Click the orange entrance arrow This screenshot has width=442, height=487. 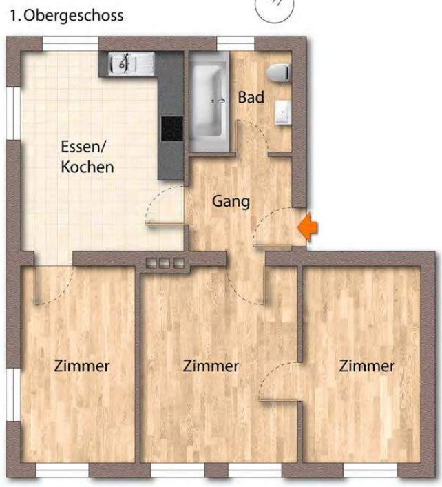(x=308, y=227)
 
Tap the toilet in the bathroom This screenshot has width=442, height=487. (x=279, y=73)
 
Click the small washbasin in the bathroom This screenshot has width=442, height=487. (x=283, y=112)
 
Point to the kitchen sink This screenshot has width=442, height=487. (x=131, y=63)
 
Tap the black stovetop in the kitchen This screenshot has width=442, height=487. (x=172, y=129)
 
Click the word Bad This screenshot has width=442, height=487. (x=251, y=97)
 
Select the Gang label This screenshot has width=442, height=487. (x=231, y=201)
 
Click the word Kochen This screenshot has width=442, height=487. (x=87, y=167)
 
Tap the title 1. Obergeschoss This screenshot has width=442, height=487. (x=67, y=16)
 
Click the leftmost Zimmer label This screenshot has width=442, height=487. (x=82, y=366)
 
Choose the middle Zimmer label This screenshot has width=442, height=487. (x=211, y=366)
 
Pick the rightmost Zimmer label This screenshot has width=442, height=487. (x=367, y=366)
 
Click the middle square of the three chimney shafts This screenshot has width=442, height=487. (x=165, y=262)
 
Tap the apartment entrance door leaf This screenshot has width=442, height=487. (x=273, y=246)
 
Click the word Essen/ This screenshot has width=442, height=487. (x=83, y=147)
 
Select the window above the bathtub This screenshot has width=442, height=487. (x=235, y=43)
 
